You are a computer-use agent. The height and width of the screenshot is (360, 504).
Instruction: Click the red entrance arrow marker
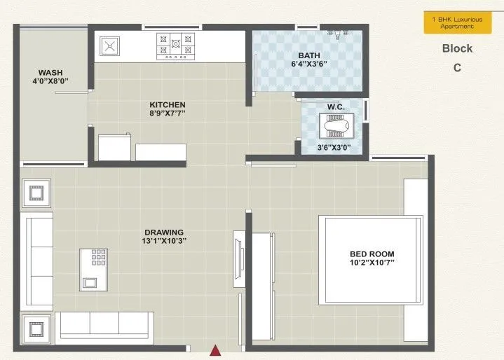click(217, 349)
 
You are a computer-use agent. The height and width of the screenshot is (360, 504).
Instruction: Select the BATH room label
click(309, 55)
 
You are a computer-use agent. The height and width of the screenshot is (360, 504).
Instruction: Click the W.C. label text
click(334, 107)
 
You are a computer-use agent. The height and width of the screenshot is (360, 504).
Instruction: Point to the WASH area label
click(50, 73)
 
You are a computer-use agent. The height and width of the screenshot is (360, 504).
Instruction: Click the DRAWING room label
click(164, 233)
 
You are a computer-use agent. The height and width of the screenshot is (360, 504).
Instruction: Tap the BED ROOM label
click(372, 254)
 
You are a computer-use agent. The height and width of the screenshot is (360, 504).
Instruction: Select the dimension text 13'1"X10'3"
click(164, 242)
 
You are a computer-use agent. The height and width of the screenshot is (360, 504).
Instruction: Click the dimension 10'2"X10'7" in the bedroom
click(372, 263)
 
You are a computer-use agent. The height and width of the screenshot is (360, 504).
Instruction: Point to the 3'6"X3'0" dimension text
click(334, 148)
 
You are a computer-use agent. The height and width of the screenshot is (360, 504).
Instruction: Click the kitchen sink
click(110, 46)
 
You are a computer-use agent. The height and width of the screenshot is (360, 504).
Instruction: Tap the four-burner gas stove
click(175, 46)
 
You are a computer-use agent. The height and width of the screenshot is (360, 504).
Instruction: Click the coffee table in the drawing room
click(93, 268)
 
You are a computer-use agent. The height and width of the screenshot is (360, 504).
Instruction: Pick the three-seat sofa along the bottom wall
click(104, 324)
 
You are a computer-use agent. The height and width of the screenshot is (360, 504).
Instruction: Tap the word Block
click(457, 49)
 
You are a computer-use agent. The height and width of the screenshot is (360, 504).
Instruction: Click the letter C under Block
click(457, 68)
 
